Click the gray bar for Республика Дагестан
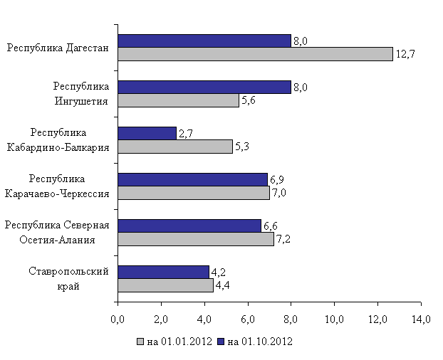255,54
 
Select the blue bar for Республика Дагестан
204,41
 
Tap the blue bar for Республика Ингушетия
204,87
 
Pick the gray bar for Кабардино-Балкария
175,147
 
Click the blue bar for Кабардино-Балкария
147,133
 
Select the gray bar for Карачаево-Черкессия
194,193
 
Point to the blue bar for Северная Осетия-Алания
189,226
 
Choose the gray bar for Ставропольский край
165,285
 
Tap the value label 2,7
186,133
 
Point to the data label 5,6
249,100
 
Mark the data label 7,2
283,239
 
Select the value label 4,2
218,272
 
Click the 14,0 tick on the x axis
421,317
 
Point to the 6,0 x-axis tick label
248,317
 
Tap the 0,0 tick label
118,317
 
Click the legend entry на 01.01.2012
179,342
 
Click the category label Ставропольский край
69,279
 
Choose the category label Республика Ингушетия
80,93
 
